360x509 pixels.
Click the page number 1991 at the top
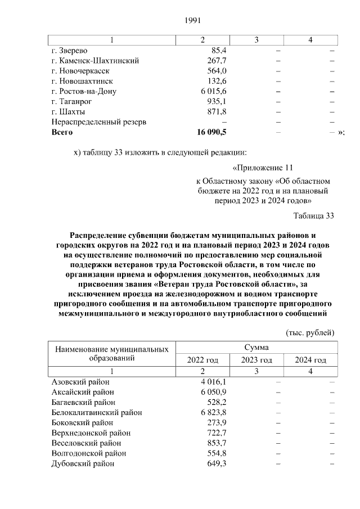click(193, 21)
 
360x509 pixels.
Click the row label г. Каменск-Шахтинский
click(95, 61)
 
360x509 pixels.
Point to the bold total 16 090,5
click(209, 132)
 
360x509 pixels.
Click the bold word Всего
click(62, 132)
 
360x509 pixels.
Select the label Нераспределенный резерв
click(99, 122)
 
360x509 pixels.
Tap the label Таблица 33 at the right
click(314, 215)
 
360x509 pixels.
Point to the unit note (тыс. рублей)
click(310, 332)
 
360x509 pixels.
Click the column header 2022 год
click(202, 360)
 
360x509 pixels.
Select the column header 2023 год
click(256, 360)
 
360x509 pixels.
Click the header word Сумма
click(256, 348)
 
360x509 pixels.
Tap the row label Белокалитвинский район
click(96, 412)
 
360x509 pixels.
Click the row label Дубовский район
click(83, 463)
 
